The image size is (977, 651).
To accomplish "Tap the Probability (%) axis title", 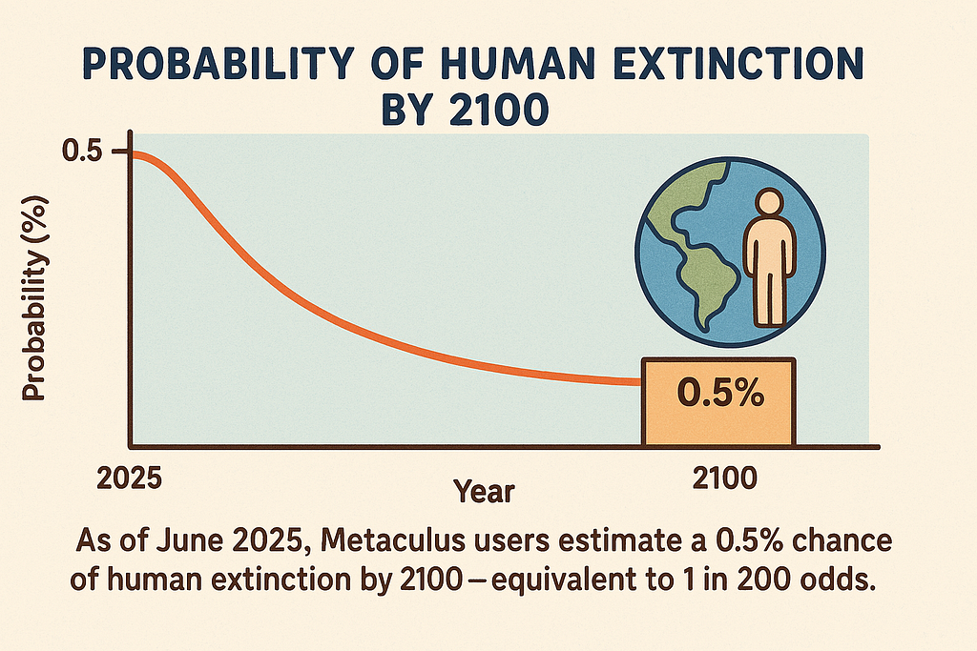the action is click(35, 298).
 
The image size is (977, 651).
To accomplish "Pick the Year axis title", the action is click(484, 492).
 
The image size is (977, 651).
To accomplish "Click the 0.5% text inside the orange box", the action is click(720, 393).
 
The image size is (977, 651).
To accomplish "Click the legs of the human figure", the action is click(770, 298).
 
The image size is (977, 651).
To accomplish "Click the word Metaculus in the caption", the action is click(392, 540).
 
